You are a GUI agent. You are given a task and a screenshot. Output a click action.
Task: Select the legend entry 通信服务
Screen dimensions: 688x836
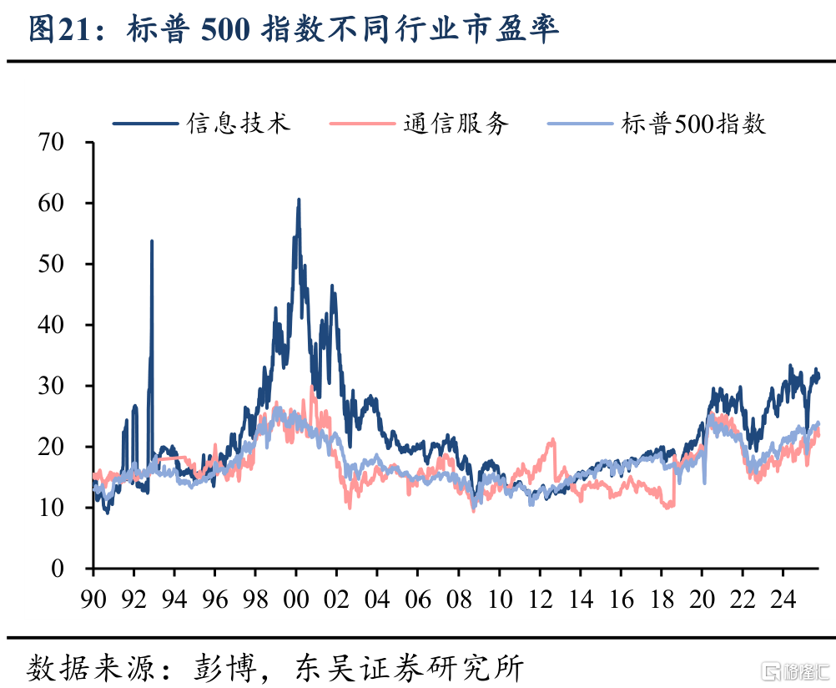456,124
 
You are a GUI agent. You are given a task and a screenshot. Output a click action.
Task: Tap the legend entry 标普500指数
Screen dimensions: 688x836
692,124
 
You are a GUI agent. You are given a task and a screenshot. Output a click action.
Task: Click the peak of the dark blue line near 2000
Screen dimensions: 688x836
299,200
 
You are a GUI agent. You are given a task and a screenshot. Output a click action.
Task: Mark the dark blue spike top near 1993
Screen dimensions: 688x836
152,241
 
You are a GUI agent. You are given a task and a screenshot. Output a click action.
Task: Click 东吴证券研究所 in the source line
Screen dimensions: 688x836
409,668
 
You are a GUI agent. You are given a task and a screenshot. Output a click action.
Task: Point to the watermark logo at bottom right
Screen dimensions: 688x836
793,670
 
